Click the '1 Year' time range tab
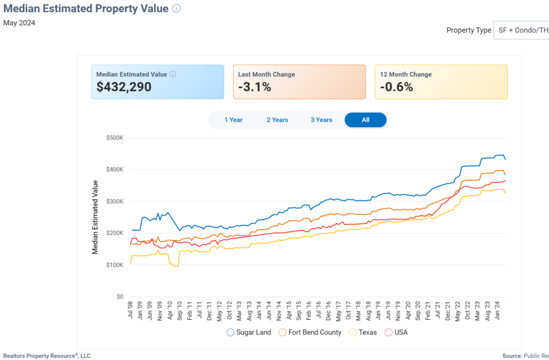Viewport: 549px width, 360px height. tap(233, 120)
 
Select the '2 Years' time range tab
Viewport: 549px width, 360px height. tap(277, 120)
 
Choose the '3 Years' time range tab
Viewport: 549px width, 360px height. tap(321, 120)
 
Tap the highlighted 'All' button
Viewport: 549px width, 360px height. tap(365, 120)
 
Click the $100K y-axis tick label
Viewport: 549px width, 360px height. tap(115, 265)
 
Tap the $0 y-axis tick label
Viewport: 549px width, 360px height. tap(120, 296)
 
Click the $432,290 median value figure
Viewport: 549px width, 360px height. tap(124, 87)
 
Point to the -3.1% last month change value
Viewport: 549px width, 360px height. tap(255, 87)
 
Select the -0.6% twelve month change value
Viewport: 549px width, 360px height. tap(396, 87)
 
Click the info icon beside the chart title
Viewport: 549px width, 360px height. tap(177, 9)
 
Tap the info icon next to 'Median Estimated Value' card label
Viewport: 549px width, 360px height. tap(173, 74)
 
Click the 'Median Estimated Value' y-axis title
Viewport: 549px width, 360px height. tap(95, 217)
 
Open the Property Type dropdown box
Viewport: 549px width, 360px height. tap(521, 30)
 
